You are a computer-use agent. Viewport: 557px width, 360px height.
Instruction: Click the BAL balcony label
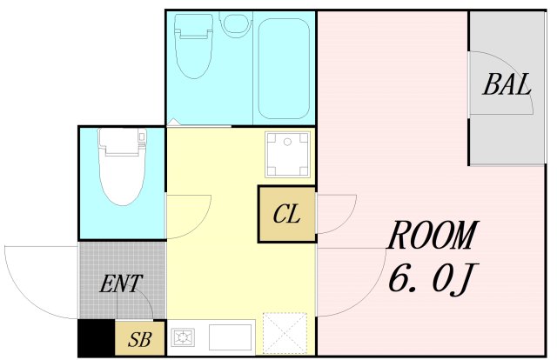coord(507,84)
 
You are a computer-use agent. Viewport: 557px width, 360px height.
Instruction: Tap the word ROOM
coord(433,235)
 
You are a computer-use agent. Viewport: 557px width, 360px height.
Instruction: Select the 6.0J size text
coord(433,279)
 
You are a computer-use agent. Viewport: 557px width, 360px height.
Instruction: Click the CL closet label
coord(286,214)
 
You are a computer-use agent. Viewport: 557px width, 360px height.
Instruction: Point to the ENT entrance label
coord(121,283)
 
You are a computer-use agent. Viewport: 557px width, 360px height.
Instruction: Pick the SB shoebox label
coord(140,339)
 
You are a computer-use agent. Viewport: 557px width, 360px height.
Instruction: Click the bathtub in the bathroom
coord(285,69)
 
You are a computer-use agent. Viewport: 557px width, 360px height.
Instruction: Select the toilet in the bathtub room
coord(193,46)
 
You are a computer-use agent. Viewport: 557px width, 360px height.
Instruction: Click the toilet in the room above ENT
coord(122,166)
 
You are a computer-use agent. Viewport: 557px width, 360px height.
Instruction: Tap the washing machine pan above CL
coord(287,155)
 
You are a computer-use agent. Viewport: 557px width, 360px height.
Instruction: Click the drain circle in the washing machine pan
coord(287,142)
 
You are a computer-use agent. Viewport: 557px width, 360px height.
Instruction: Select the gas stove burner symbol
coord(183,337)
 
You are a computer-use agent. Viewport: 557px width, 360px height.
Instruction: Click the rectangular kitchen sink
coord(230,337)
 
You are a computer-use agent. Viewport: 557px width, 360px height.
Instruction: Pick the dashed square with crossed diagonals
coord(285,333)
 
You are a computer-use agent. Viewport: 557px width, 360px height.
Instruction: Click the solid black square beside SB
coord(97,338)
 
